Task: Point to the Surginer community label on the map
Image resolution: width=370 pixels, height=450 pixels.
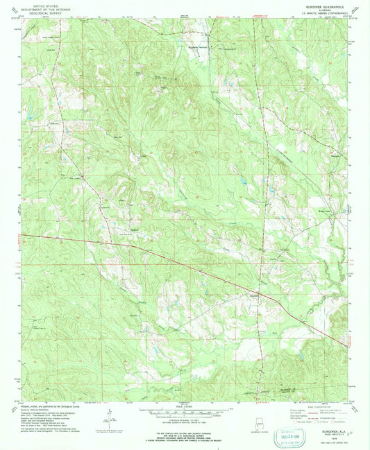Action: coord(255,292)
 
